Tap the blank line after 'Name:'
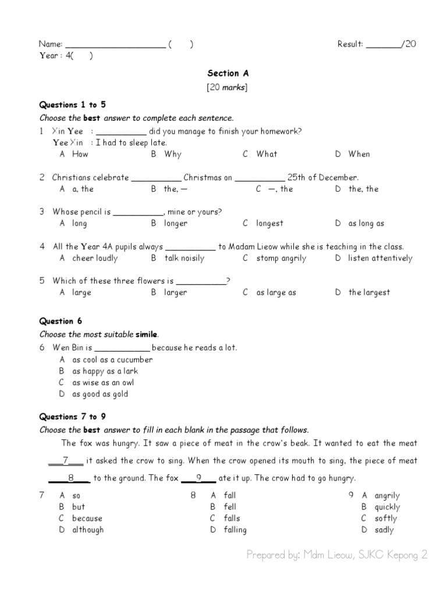(115, 45)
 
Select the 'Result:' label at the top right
(350, 44)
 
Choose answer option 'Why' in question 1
(173, 154)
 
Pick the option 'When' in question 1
(359, 154)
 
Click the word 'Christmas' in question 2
(203, 177)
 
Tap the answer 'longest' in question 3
(269, 223)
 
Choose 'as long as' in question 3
(366, 223)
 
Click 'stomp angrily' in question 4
(281, 258)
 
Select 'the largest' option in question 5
(369, 292)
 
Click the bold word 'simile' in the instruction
(146, 334)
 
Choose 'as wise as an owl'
(103, 382)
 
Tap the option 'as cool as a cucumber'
(112, 360)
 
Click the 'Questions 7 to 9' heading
(72, 417)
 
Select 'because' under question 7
(87, 518)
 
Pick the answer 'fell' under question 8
(230, 507)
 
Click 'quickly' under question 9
(387, 507)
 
